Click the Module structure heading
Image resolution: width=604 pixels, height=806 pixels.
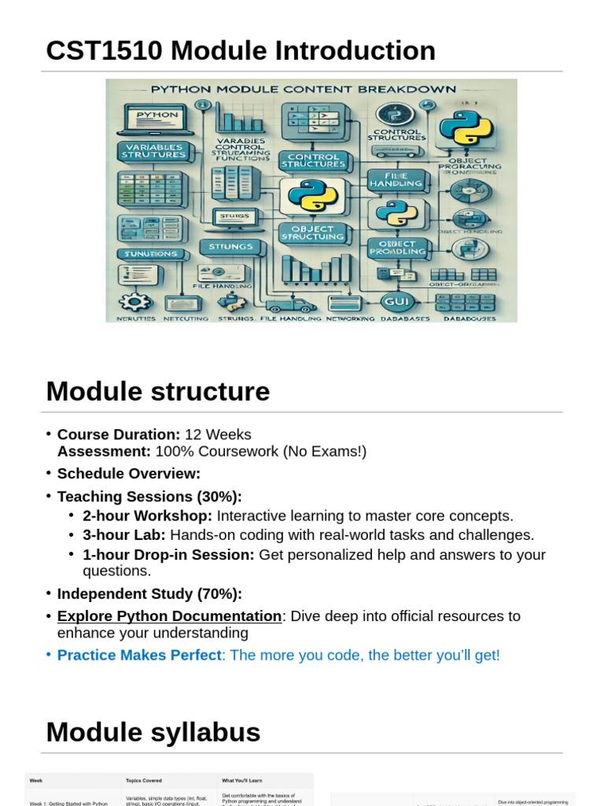coord(157,391)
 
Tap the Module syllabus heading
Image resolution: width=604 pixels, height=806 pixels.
coord(153,732)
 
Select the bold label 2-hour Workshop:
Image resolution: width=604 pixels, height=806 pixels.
coord(147,516)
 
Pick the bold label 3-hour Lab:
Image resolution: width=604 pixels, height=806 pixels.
coord(124,535)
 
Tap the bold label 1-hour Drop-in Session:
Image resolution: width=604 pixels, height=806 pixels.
coord(168,554)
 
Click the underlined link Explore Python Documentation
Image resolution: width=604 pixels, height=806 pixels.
coord(169,616)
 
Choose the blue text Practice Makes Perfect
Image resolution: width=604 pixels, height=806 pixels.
coord(139,655)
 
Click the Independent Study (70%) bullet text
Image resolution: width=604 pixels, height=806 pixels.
coord(149,593)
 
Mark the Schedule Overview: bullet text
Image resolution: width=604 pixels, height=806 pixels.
coord(129,474)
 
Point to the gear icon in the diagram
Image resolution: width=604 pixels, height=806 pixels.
coord(138,301)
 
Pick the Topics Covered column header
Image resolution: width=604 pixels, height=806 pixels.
coord(144,780)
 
